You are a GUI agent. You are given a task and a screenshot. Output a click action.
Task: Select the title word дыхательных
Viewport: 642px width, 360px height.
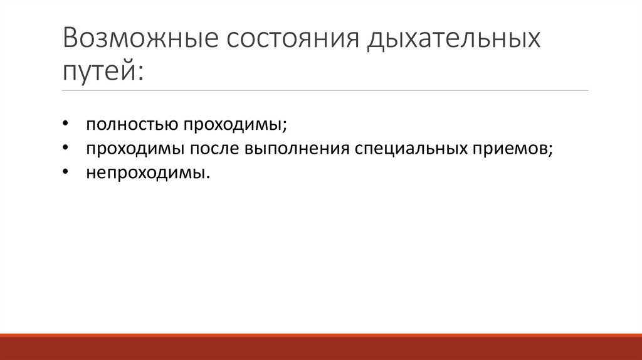pyautogui.click(x=454, y=40)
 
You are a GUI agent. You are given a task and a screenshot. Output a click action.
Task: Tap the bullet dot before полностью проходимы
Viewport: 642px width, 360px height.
pyautogui.click(x=66, y=124)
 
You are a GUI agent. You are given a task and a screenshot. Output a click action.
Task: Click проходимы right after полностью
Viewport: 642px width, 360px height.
pyautogui.click(x=233, y=124)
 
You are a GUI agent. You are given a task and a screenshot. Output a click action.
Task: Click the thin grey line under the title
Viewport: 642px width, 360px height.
pyautogui.click(x=325, y=91)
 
